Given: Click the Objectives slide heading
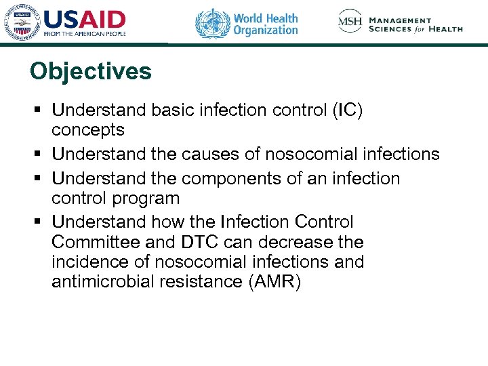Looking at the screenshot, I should (91, 71).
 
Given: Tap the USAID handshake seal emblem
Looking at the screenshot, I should (22, 24).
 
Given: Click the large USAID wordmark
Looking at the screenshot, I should (84, 19).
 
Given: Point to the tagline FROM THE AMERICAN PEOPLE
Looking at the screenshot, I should (85, 33).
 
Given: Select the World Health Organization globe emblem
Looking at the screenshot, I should (212, 23).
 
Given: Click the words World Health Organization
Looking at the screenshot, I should (265, 24).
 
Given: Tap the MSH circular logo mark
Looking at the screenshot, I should (350, 22).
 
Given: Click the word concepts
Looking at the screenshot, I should (88, 129).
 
